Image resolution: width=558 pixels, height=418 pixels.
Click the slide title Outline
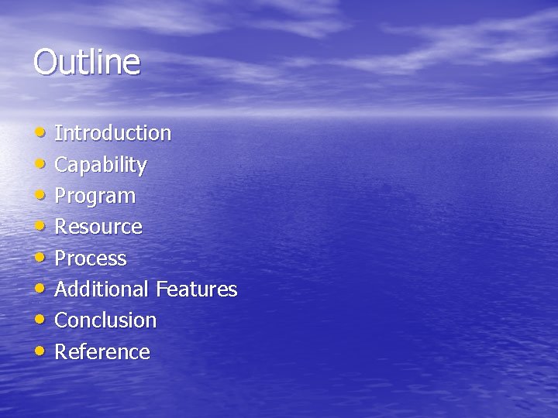(x=87, y=62)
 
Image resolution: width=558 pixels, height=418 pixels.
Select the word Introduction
(x=112, y=133)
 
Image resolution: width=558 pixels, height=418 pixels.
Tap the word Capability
(x=101, y=165)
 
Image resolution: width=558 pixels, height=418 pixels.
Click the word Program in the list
(x=95, y=197)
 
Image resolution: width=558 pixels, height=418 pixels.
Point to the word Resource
(x=98, y=227)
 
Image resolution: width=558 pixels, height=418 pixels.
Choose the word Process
(x=90, y=259)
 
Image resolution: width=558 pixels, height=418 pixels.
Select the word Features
(x=197, y=290)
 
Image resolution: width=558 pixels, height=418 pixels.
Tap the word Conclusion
(x=105, y=320)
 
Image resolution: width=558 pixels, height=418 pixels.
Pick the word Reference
(x=102, y=352)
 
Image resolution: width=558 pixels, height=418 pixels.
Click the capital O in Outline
(x=45, y=62)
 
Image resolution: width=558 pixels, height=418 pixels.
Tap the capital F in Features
(x=161, y=290)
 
